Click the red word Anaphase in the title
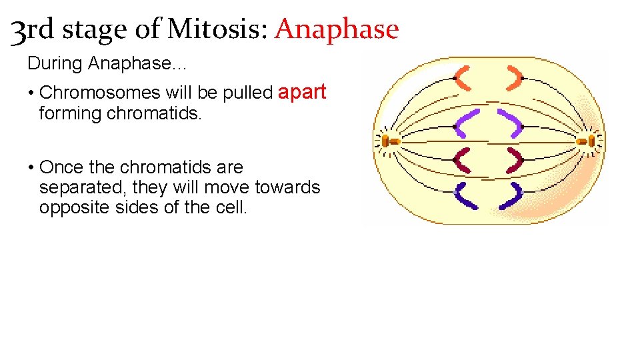[337, 30]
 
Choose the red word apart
[302, 92]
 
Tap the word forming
[67, 113]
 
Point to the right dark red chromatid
[514, 160]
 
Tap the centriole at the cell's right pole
[588, 141]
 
